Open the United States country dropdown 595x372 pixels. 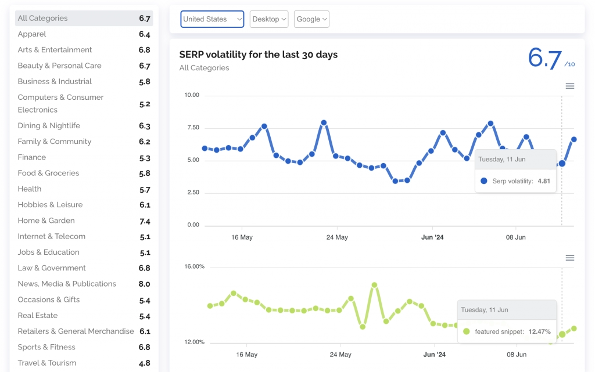[212, 19]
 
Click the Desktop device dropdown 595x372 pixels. [269, 19]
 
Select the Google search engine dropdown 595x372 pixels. [311, 19]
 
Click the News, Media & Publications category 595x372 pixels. [67, 284]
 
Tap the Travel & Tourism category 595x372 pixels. [46, 363]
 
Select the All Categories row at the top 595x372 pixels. [42, 18]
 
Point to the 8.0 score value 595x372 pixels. [144, 284]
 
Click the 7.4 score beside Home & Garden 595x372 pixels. [145, 221]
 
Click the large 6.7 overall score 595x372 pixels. [545, 59]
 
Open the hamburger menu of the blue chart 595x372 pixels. [570, 86]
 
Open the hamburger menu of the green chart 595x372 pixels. [570, 258]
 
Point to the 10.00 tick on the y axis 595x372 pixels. [191, 95]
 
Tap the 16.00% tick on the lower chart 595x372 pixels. [194, 266]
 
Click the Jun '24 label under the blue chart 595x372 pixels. [432, 237]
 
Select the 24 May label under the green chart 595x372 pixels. [340, 354]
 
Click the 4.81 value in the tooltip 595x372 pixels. [543, 181]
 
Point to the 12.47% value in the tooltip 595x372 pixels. [539, 331]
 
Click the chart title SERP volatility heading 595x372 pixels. [258, 55]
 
